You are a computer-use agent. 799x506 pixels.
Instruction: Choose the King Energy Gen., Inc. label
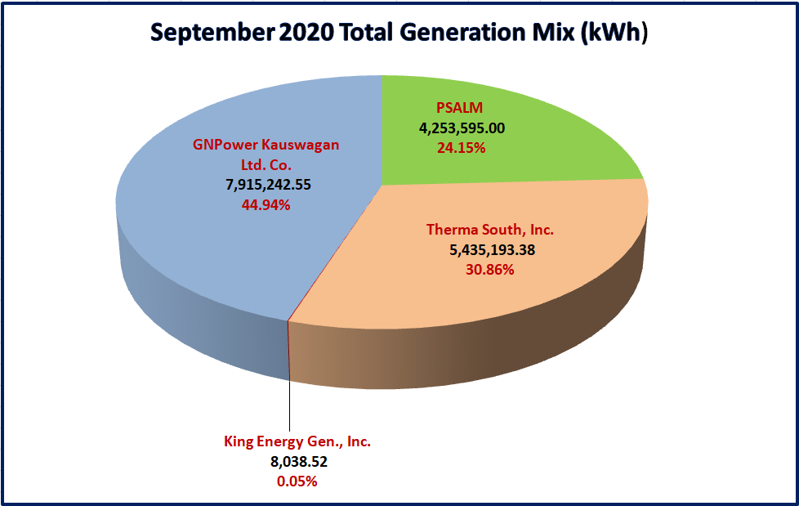click(x=297, y=441)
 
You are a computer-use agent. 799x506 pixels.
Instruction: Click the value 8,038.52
click(x=297, y=462)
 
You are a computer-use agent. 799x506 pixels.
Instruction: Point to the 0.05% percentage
click(x=297, y=481)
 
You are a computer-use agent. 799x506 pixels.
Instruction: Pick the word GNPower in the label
click(x=225, y=146)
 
